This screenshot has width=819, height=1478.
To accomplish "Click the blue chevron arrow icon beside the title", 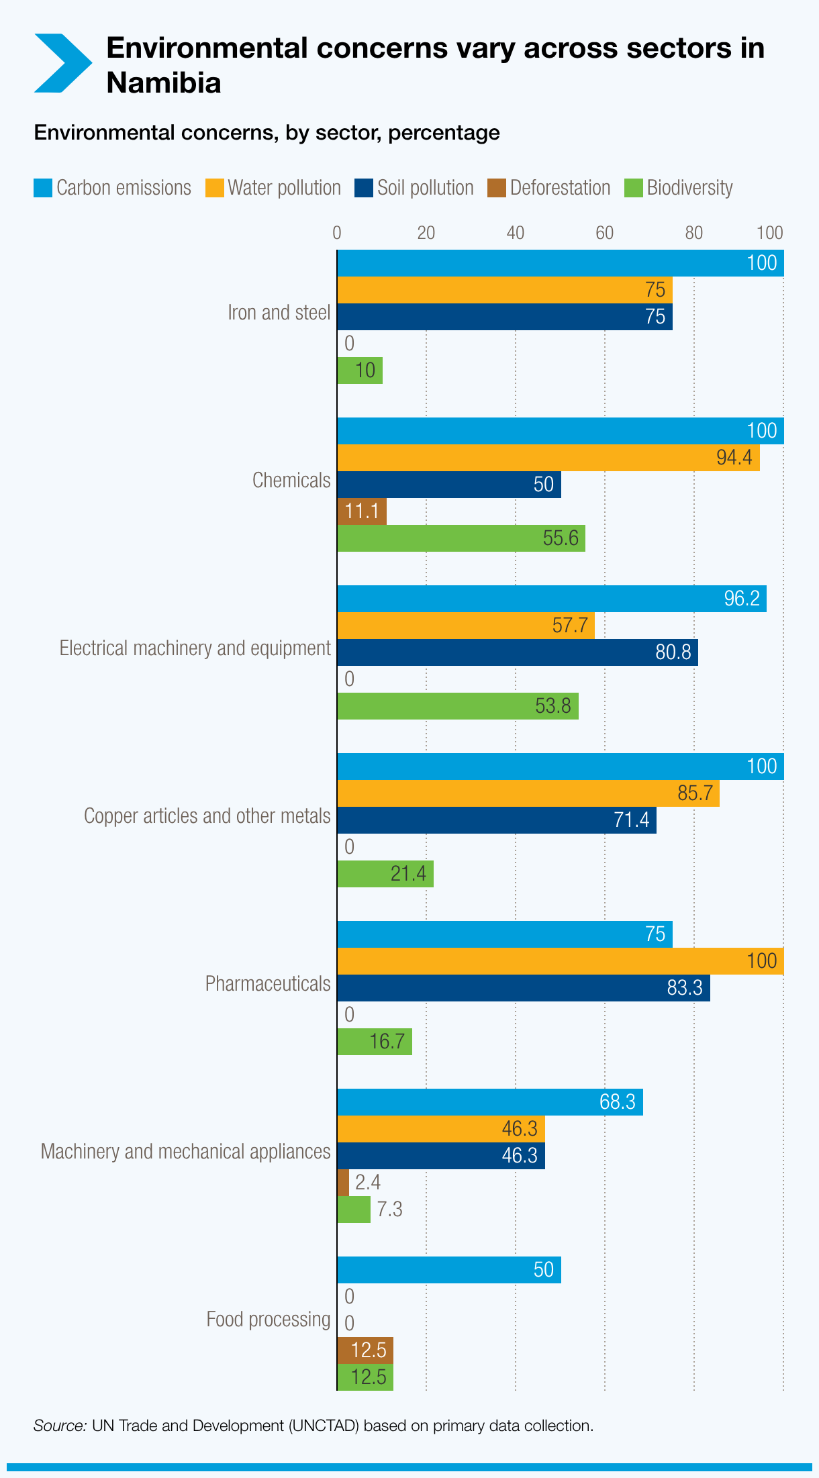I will pyautogui.click(x=62, y=63).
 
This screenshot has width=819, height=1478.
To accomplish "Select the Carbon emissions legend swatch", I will pyautogui.click(x=43, y=188).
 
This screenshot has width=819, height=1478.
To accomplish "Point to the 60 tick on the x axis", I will pyautogui.click(x=604, y=233).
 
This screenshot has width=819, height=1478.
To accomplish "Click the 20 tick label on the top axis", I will pyautogui.click(x=426, y=233).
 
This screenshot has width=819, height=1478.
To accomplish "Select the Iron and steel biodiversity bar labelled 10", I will pyautogui.click(x=360, y=371).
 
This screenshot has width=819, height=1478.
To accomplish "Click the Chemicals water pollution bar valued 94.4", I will pyautogui.click(x=548, y=458).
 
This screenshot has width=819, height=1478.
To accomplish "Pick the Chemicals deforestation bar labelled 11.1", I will pyautogui.click(x=361, y=511).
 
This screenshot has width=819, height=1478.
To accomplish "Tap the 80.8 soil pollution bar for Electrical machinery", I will pyautogui.click(x=517, y=652).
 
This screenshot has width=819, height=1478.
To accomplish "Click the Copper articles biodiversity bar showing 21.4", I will pyautogui.click(x=385, y=874).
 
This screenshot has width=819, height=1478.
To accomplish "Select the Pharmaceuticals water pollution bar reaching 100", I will pyautogui.click(x=560, y=961).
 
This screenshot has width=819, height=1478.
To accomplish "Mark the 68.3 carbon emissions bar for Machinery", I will pyautogui.click(x=489, y=1102).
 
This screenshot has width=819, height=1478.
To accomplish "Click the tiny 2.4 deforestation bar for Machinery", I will pyautogui.click(x=343, y=1183).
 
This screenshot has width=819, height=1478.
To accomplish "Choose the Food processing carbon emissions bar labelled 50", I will pyautogui.click(x=448, y=1270).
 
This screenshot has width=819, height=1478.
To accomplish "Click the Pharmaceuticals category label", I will pyautogui.click(x=268, y=984).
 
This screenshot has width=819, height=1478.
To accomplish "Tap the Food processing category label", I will pyautogui.click(x=268, y=1320).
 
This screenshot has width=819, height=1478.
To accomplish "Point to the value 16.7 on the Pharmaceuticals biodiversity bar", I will pyautogui.click(x=387, y=1042).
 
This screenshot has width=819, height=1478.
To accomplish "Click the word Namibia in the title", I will pyautogui.click(x=164, y=83).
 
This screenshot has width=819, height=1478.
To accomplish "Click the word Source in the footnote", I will pyautogui.click(x=60, y=1426).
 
